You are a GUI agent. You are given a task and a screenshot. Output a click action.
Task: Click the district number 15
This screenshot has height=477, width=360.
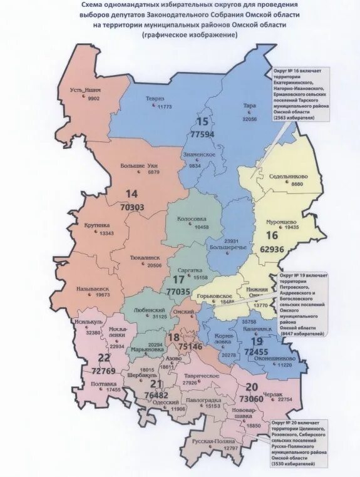pos(202,122)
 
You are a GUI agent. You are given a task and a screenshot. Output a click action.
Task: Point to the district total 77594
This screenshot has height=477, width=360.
pos(202,134)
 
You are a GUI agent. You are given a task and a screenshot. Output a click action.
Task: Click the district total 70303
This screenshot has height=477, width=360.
pos(131,206)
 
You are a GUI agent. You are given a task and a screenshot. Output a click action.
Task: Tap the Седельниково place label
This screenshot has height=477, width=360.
pos(287,177)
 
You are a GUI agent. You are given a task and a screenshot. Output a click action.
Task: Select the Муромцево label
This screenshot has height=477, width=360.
pos(274,221)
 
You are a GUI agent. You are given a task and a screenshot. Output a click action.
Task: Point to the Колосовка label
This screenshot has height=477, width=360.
pos(193,219)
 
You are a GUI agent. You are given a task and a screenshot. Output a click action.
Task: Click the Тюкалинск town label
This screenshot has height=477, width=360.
pos(144,257)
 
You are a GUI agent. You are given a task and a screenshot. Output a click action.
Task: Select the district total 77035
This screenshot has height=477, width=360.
pos(178,291)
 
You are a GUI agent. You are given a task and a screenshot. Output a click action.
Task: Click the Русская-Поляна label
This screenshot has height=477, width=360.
pos(213,442)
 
